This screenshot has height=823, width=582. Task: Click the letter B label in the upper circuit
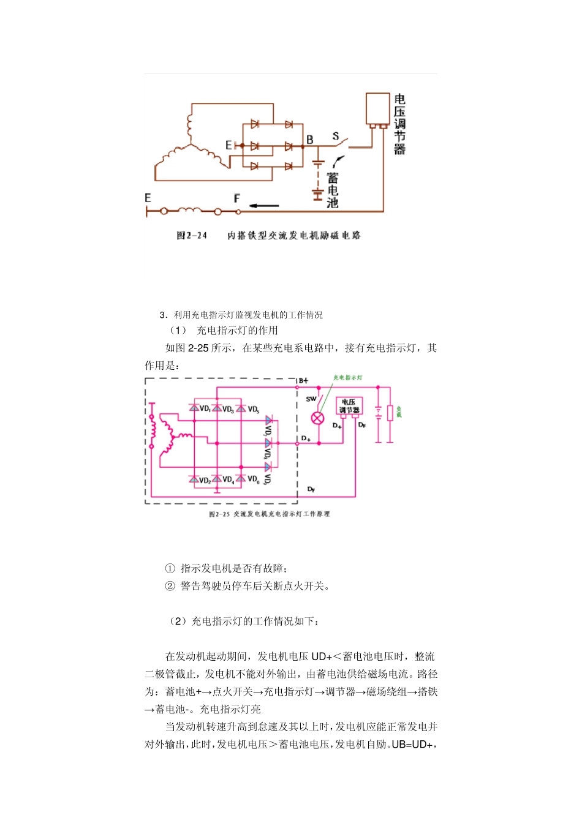(x=310, y=140)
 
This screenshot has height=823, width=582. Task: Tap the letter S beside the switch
(x=336, y=136)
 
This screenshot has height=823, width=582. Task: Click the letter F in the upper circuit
(x=237, y=198)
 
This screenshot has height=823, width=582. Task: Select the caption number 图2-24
(x=192, y=236)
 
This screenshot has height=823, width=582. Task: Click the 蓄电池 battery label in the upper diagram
(x=333, y=190)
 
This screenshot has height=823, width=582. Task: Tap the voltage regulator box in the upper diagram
(x=377, y=109)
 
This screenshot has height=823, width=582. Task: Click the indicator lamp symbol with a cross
(x=317, y=418)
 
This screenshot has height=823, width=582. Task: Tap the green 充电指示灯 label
(x=347, y=378)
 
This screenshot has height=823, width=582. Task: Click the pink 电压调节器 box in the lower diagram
(x=350, y=406)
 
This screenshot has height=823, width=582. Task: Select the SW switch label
(x=311, y=399)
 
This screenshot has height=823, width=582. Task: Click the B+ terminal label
(x=304, y=381)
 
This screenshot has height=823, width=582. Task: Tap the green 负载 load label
(x=399, y=411)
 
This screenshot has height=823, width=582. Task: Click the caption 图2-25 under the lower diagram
(x=219, y=514)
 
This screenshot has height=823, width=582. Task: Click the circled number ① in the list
(x=170, y=568)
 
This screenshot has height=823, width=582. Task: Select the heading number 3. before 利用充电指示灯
(x=163, y=315)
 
